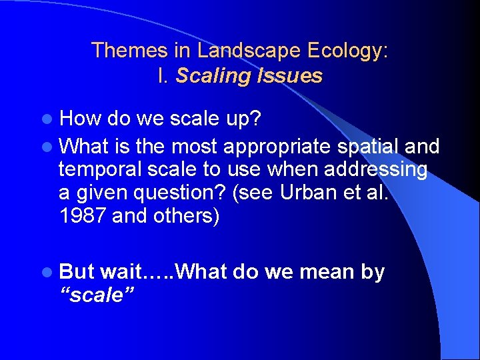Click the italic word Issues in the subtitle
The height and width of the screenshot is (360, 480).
click(x=288, y=76)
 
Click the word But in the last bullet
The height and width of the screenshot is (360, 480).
click(x=77, y=272)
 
